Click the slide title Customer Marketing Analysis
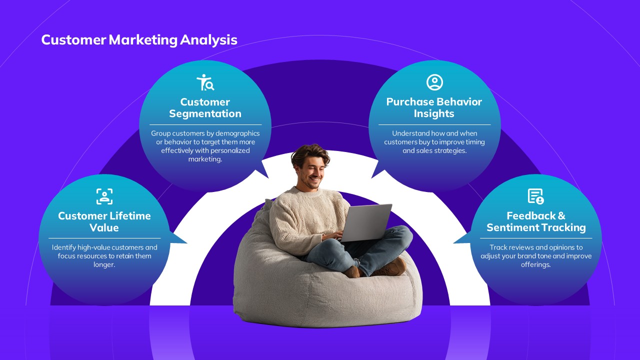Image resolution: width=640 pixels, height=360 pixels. tap(139, 39)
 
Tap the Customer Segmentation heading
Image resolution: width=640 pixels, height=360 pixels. tap(205, 107)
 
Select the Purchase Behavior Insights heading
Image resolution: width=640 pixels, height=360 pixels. tap(434, 107)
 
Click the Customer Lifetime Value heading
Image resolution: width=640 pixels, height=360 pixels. tap(104, 221)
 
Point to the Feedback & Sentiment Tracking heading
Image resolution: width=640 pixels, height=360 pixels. tap(536, 221)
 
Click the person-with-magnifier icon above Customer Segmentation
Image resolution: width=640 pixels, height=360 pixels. tap(205, 82)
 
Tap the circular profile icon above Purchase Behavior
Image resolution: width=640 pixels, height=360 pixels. tap(434, 82)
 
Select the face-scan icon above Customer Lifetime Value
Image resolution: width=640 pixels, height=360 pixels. tap(104, 196)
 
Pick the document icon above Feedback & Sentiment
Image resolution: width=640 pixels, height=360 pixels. tap(535, 196)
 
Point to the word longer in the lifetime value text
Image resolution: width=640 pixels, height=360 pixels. tap(104, 265)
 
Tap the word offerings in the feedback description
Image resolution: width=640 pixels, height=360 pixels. tap(535, 265)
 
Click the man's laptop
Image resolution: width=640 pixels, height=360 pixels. tap(366, 222)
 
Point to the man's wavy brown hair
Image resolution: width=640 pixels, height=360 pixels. tap(310, 154)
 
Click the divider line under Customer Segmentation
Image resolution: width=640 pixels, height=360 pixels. tap(205, 125)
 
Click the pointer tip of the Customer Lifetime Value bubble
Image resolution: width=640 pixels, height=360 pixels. tap(187, 243)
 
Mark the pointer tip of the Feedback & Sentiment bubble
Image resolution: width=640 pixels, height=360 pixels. tap(453, 243)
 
